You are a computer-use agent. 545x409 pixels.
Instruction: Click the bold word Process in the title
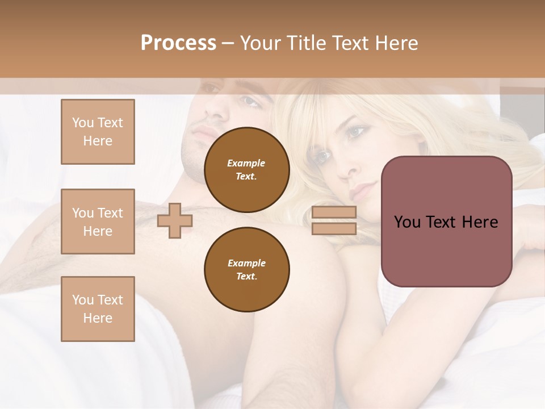coord(178,43)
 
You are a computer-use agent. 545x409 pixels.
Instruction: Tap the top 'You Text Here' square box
coord(98,132)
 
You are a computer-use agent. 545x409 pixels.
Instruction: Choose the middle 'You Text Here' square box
coord(98,222)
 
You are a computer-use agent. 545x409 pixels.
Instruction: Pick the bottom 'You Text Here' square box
coord(98,309)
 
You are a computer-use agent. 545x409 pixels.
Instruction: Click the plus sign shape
coord(175,220)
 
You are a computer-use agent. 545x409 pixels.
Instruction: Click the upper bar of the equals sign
coord(334,212)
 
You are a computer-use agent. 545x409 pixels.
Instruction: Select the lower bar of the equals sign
coord(334,228)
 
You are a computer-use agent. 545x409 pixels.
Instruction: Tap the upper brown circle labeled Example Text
coord(246,169)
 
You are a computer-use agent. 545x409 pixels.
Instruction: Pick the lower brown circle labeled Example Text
coord(246,269)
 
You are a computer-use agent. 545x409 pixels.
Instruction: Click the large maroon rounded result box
coord(446,222)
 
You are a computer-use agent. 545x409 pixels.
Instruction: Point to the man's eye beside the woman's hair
coord(249,101)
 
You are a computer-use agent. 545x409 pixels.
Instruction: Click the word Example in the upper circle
coord(246,163)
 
